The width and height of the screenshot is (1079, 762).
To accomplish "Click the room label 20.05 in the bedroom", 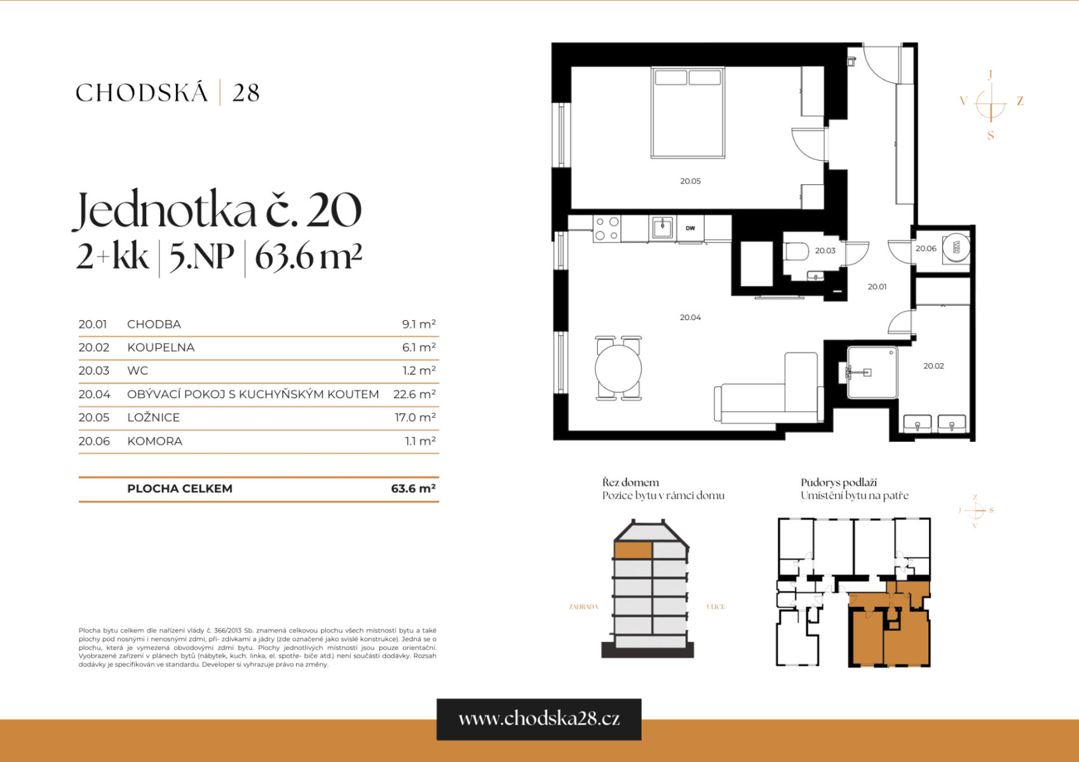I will click(x=690, y=181).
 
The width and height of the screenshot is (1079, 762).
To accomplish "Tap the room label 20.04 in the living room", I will click(x=690, y=317).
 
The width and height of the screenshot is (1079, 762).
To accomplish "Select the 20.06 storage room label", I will click(x=926, y=248).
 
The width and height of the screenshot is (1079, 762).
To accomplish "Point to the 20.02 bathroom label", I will click(x=933, y=366).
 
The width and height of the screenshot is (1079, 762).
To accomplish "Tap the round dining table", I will click(x=618, y=368).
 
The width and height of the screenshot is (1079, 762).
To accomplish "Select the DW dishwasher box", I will click(x=690, y=228).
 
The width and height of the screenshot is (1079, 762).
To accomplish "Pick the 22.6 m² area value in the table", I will click(x=414, y=394).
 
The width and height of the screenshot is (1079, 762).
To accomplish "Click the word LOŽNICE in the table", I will click(x=153, y=417).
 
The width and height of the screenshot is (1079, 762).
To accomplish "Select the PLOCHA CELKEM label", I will click(x=180, y=488).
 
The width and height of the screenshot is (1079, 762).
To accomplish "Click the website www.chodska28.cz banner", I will click(x=539, y=719).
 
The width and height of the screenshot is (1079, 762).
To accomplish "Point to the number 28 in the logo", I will click(x=246, y=93).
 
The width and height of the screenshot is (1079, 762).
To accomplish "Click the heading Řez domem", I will click(x=630, y=482).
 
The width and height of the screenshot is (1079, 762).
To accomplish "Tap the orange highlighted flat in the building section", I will click(x=633, y=550).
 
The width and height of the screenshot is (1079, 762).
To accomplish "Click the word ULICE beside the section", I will click(x=716, y=606).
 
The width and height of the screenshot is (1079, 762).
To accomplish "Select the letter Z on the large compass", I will click(x=1020, y=101).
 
